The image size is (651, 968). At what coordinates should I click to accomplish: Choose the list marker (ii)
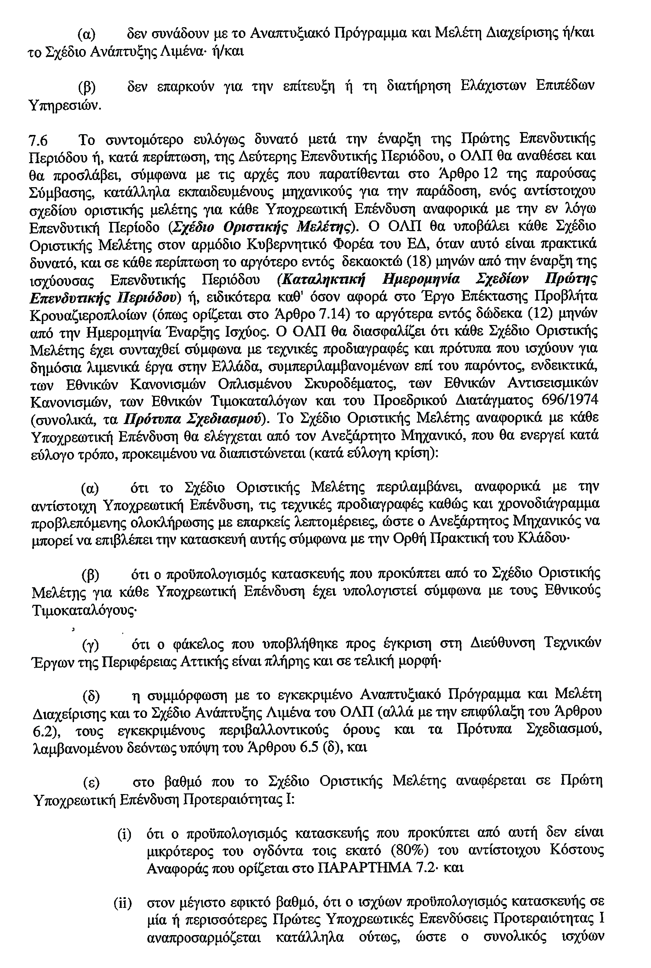[x=123, y=903]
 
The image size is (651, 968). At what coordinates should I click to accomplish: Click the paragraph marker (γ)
[x=90, y=645]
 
